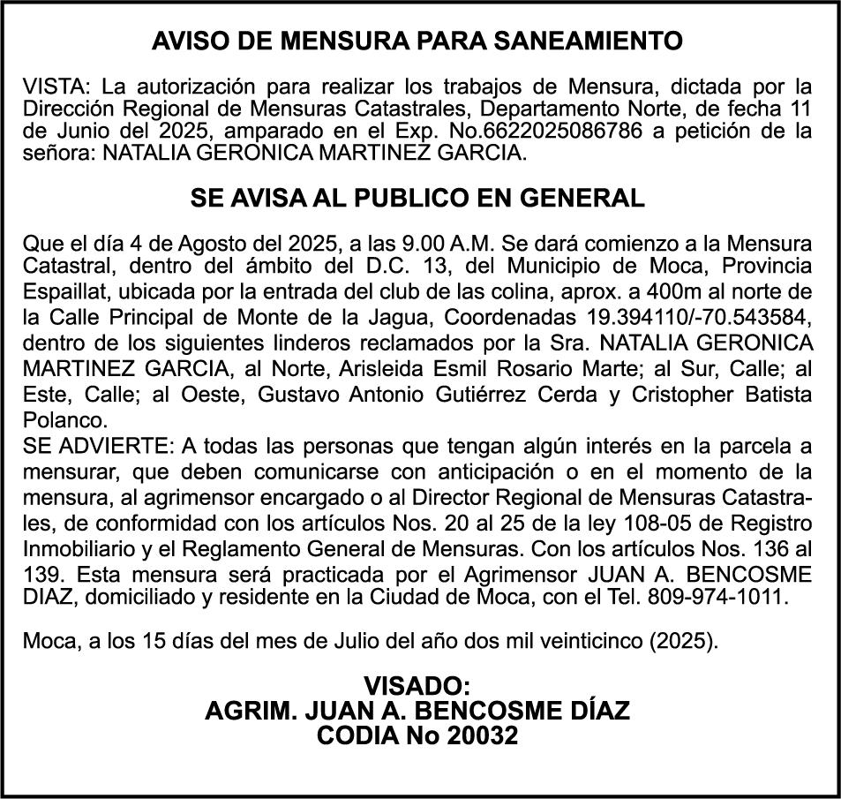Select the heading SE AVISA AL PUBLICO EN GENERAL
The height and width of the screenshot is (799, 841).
(x=417, y=199)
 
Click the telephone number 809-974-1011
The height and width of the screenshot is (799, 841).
(x=715, y=596)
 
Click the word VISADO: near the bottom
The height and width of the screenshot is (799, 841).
(x=417, y=685)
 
